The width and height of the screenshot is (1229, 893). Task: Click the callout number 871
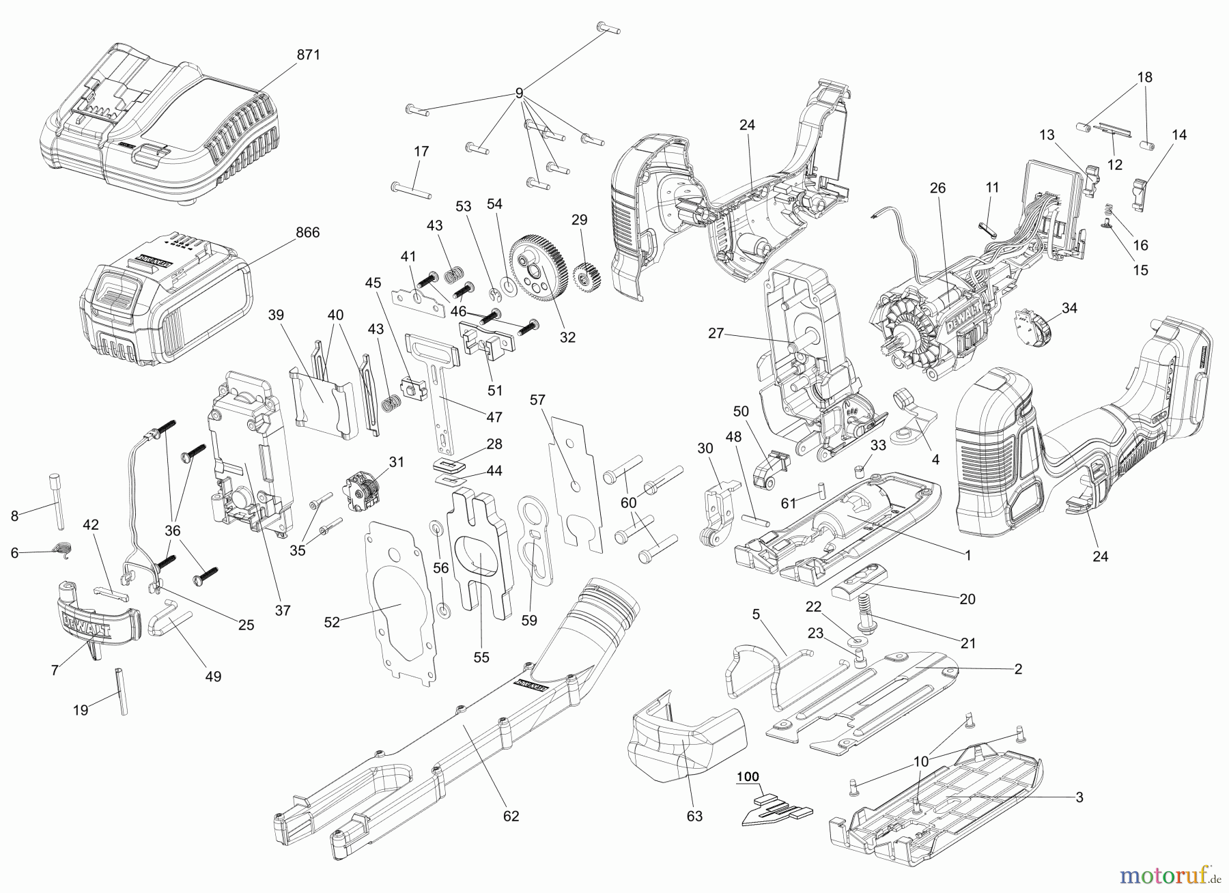308,55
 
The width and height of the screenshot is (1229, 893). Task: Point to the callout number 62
511,815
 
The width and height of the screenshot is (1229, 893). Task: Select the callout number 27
715,334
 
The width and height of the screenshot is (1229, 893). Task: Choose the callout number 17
421,151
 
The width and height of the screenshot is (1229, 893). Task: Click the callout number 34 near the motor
1069,308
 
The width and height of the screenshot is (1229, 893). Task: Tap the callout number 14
1178,135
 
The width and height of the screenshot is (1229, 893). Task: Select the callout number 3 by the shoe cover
1079,797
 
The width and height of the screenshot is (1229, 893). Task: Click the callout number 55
481,657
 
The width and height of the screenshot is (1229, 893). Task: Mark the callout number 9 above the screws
519,93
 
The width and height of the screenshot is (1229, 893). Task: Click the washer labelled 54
509,283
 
